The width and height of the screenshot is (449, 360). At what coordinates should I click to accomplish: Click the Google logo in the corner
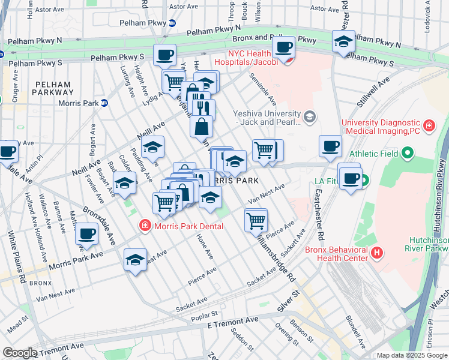[x=20, y=353]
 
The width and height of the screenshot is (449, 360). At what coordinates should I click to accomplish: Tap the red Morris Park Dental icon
[x=144, y=226]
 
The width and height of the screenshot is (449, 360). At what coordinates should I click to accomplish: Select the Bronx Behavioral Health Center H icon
[x=376, y=253]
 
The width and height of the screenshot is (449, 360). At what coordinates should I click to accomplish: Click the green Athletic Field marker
[x=408, y=154]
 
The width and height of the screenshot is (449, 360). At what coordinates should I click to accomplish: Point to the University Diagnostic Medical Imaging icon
[x=429, y=125]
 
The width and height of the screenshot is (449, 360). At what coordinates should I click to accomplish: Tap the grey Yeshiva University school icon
[x=310, y=116]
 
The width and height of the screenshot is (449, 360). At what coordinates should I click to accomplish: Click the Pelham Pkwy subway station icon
[x=172, y=23]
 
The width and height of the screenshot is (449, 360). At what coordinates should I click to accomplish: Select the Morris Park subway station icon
[x=104, y=103]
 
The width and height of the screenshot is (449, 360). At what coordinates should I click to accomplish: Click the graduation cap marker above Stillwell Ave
[x=343, y=41]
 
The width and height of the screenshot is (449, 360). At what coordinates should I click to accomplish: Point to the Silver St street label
[x=288, y=301]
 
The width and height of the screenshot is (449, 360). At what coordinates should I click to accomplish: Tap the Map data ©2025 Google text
[x=411, y=355]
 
